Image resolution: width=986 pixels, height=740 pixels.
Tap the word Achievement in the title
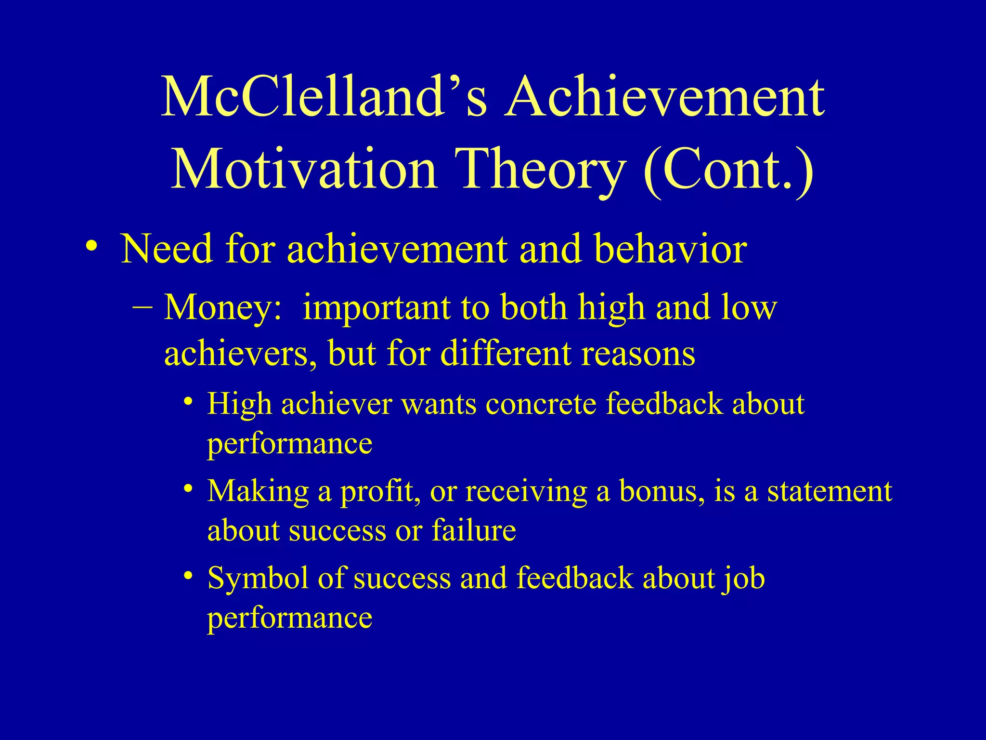point(664,98)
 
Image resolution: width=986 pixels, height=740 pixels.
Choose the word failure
point(474,530)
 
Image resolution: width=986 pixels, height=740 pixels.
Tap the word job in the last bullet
point(743,578)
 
